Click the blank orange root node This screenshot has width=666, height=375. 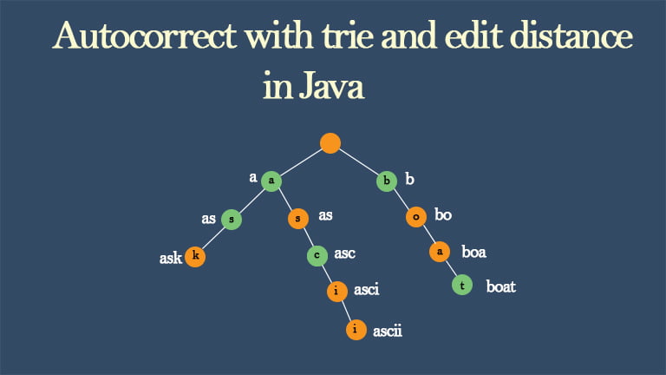(330, 143)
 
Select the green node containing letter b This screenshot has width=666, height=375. (387, 181)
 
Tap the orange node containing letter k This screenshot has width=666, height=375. (195, 256)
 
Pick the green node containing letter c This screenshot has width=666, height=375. (317, 255)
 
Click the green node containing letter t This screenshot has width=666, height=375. (462, 285)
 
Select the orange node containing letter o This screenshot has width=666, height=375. (416, 217)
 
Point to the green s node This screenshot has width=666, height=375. (232, 220)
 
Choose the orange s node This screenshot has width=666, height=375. (298, 219)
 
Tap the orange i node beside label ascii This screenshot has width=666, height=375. (356, 330)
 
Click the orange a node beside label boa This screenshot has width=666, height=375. (440, 252)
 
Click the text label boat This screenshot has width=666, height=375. (500, 286)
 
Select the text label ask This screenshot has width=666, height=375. (171, 258)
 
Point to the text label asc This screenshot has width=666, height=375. (344, 253)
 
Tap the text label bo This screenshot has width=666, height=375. (443, 214)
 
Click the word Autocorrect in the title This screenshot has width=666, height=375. (145, 35)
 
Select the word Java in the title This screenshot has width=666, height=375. (331, 86)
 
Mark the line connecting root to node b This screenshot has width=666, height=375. (358, 161)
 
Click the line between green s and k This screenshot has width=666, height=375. (213, 238)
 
